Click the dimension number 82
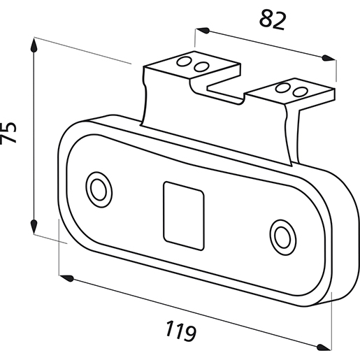coord(273,20)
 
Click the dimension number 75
coord(8,132)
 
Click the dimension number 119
coord(181,331)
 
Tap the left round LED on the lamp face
coord(99,189)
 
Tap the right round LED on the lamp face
coord(283,237)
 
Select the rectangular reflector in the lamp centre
coord(184,216)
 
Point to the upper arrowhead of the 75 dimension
coord(34,45)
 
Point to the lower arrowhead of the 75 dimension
coord(34,226)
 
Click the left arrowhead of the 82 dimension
coord(203,30)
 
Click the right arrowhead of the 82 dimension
coord(329,58)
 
